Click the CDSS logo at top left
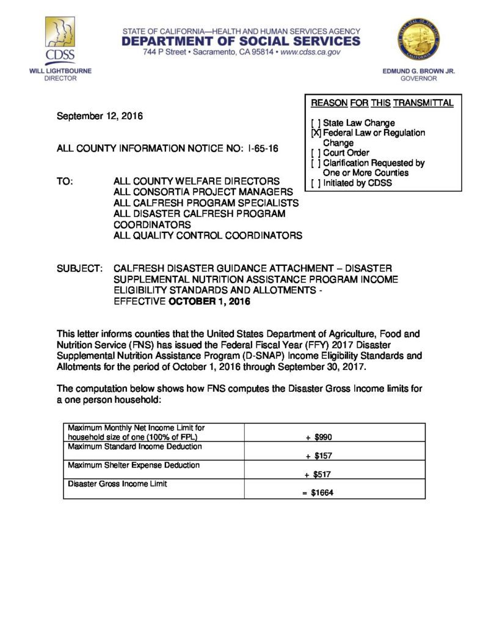[60, 40]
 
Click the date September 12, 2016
[100, 116]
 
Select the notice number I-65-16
[264, 149]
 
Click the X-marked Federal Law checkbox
[316, 133]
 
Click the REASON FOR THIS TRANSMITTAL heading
[382, 103]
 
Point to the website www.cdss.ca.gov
[310, 53]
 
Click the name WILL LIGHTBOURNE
[60, 71]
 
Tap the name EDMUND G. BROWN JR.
[419, 71]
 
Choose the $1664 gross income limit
[321, 493]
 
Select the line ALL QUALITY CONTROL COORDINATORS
[208, 235]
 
